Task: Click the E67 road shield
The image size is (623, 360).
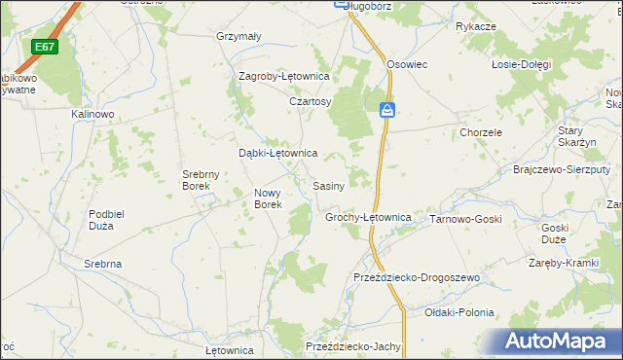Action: (44, 47)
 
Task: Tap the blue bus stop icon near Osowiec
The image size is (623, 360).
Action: (387, 110)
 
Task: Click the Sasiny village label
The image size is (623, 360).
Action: (328, 185)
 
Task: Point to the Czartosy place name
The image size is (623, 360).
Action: (311, 101)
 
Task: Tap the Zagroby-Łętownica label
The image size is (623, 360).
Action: (285, 76)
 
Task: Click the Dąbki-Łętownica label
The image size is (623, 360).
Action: (278, 153)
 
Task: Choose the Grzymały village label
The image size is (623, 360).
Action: (238, 37)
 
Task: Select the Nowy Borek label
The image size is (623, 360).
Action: (268, 198)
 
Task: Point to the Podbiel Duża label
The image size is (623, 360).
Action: (114, 220)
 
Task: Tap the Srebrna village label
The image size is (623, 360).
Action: (102, 264)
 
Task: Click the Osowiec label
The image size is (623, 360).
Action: (407, 63)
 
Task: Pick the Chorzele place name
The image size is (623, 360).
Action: (481, 132)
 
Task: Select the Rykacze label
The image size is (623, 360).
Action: (476, 26)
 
